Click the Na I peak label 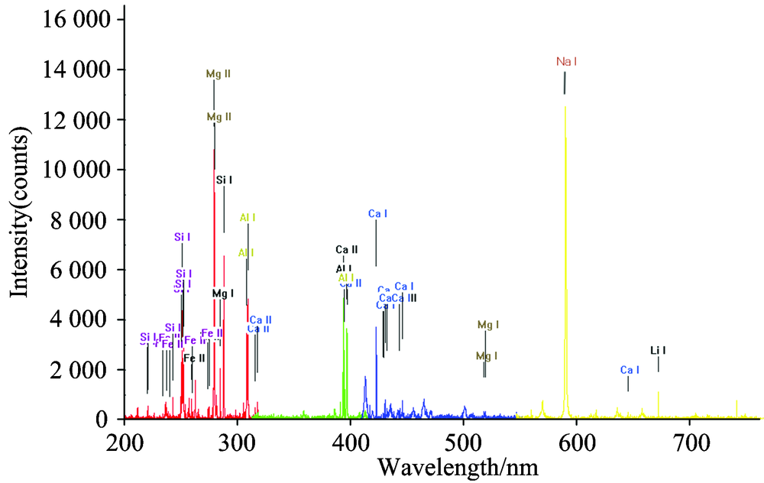click(x=566, y=61)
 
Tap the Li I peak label click(x=659, y=351)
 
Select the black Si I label click(x=224, y=180)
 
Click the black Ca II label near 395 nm click(x=345, y=250)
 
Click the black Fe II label click(x=194, y=358)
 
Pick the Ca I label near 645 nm click(x=630, y=370)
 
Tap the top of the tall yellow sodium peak click(x=565, y=108)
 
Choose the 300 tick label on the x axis click(x=237, y=441)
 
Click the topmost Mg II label click(x=219, y=74)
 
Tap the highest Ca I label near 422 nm click(x=377, y=213)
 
